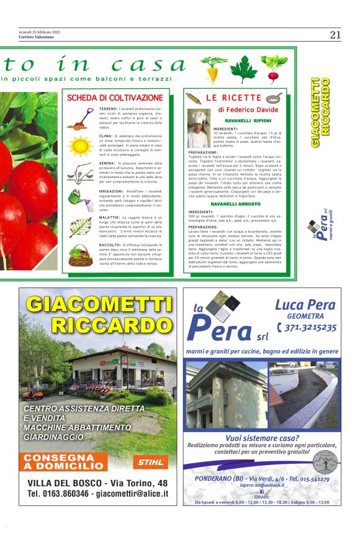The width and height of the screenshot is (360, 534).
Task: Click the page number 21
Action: coord(335,35)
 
